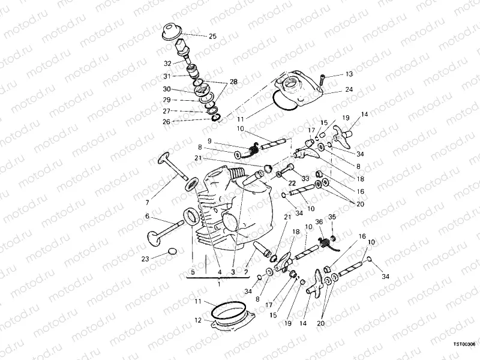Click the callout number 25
212,36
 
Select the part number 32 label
167,62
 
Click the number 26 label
166,121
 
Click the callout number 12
197,320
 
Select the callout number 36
319,222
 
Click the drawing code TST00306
464,346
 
